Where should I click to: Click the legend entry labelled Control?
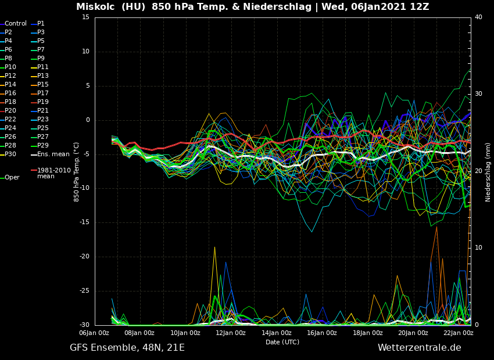(16, 24)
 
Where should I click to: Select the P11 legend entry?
(43, 67)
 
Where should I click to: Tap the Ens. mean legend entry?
(53, 154)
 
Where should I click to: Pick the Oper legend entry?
(12, 178)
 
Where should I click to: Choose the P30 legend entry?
(10, 154)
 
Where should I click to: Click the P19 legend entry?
(43, 102)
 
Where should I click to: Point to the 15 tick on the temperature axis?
(85, 17)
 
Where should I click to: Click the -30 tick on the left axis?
(84, 325)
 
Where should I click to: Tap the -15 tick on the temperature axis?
(84, 222)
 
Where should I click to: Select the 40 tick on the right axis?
(478, 17)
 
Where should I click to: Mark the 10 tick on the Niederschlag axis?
(478, 248)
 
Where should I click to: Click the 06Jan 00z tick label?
(94, 333)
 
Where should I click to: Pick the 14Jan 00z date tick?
(277, 333)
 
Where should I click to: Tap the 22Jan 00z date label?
(459, 333)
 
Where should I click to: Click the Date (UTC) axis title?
(282, 342)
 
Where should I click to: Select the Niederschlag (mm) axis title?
(488, 172)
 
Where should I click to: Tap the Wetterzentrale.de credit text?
(419, 348)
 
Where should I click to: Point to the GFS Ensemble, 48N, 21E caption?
(127, 348)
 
